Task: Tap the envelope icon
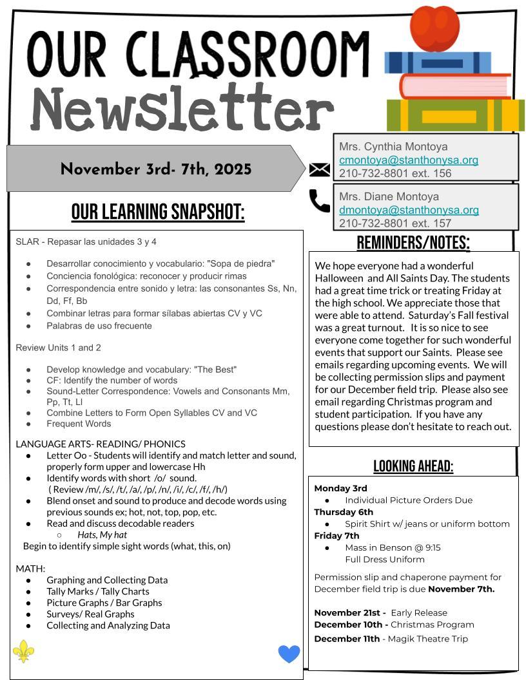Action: [320, 169]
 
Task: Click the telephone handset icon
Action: [319, 201]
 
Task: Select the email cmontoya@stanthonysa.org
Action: [409, 160]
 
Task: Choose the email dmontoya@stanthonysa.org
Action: [409, 210]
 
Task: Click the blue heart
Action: [289, 654]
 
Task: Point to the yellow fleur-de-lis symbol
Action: [24, 651]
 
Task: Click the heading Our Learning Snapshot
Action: [158, 212]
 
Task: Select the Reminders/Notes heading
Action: [413, 243]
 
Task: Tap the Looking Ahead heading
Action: [413, 466]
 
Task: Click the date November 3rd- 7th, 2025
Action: [156, 169]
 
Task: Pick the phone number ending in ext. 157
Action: [395, 223]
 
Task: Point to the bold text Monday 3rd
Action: [340, 488]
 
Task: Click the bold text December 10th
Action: [351, 625]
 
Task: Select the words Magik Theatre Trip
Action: [428, 639]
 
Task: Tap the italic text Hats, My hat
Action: [102, 534]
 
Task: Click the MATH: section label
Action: [30, 569]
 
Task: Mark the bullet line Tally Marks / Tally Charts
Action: [98, 591]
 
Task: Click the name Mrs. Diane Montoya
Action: [389, 196]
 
